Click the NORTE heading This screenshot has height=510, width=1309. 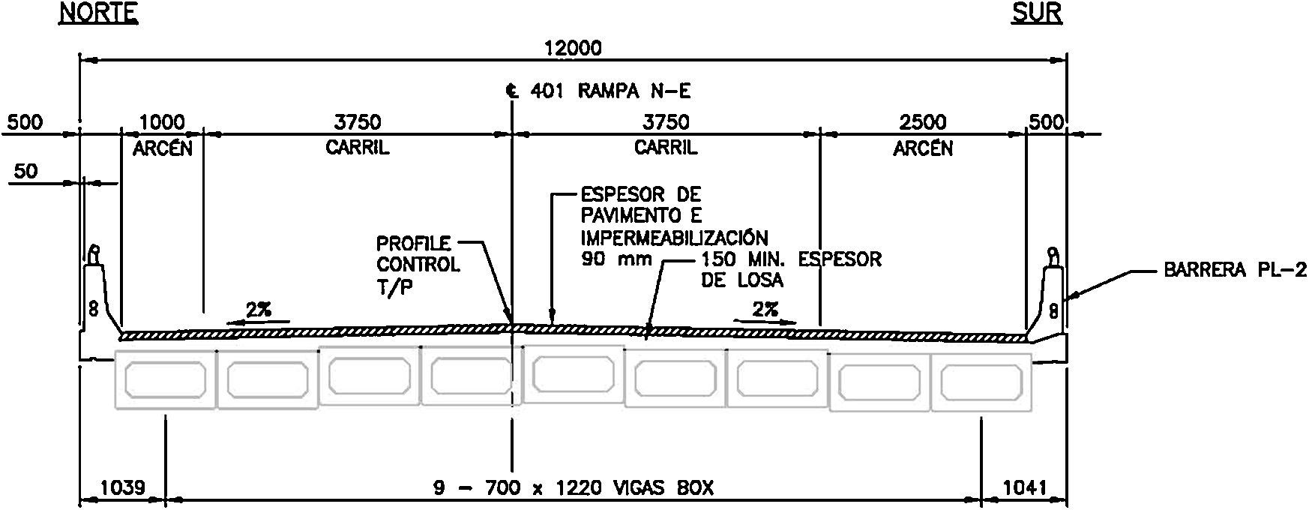[98, 13]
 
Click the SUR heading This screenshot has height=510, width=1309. [1037, 13]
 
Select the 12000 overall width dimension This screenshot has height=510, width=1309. [574, 49]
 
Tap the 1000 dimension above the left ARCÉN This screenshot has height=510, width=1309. [162, 121]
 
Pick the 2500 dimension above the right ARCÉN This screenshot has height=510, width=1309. [922, 121]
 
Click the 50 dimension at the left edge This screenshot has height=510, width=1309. [25, 172]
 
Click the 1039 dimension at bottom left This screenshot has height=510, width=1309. [121, 488]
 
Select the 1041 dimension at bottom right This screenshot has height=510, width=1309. [1024, 488]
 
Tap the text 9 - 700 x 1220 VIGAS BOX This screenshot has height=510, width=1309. [574, 488]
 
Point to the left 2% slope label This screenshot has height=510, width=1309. [259, 309]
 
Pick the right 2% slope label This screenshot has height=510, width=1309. [765, 309]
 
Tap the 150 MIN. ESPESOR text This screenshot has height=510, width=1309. [791, 259]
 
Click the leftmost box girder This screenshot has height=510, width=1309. [165, 379]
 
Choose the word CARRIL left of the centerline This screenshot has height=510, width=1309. [357, 148]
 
